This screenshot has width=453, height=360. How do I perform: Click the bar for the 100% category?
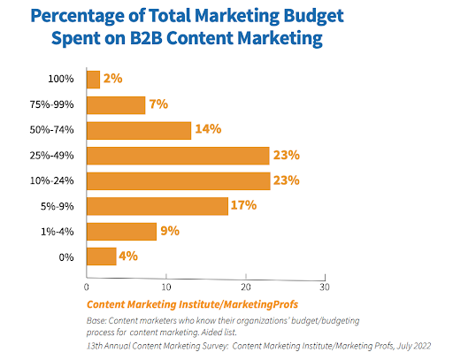coord(94,80)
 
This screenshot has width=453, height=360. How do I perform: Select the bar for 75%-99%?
coord(116,105)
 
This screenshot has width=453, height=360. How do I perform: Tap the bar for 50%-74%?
coord(139,130)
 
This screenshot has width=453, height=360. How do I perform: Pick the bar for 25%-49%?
coord(178,156)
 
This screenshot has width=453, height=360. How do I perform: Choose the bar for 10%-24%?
coord(178,180)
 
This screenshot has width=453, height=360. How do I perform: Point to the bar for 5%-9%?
coord(157,206)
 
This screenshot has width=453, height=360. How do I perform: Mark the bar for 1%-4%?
coord(121,231)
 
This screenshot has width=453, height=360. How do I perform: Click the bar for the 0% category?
coord(102,257)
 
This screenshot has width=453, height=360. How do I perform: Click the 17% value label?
coord(243,206)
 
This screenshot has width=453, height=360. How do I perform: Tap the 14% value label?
coord(206,130)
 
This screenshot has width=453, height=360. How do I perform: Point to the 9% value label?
coord(169,231)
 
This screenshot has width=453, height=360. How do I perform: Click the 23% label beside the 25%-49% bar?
coord(285,156)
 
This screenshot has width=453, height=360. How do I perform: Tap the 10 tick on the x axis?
coord(166,287)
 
